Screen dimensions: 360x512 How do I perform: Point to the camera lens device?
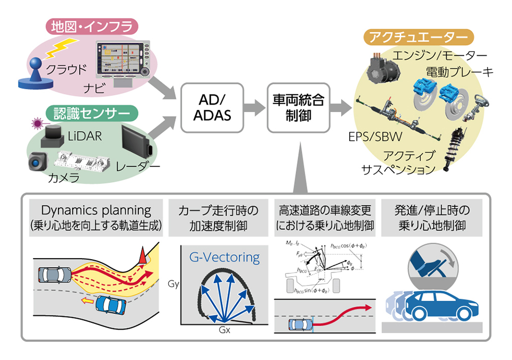(37, 160)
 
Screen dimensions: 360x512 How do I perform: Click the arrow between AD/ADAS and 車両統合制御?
(256, 108)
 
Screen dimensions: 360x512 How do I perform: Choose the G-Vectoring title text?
(225, 258)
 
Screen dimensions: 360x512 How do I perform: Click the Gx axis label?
(225, 329)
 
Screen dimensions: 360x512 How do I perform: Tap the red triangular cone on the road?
(142, 255)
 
